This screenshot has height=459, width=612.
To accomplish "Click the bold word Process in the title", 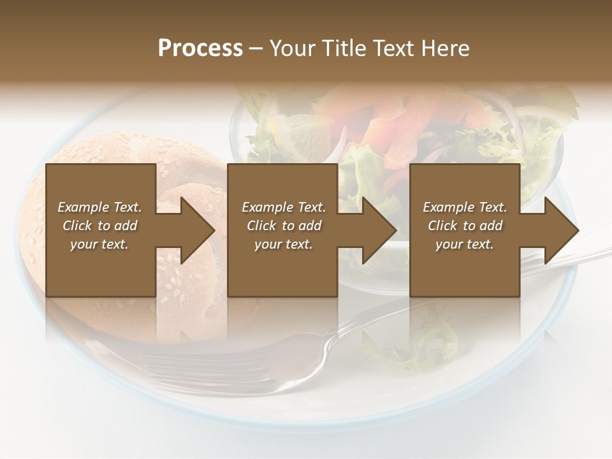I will click(x=200, y=48).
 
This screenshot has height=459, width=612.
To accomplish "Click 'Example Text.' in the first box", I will click(x=99, y=207).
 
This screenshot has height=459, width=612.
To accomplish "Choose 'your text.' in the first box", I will click(x=99, y=244).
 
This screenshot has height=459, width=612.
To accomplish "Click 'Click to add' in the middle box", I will click(x=284, y=226).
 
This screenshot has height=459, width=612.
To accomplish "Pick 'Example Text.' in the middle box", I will click(x=284, y=207).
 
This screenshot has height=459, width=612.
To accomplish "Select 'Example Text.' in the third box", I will click(x=465, y=207).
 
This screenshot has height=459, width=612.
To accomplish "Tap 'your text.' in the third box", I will click(x=465, y=244).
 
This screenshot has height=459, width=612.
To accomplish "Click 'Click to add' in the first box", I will click(x=99, y=226).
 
